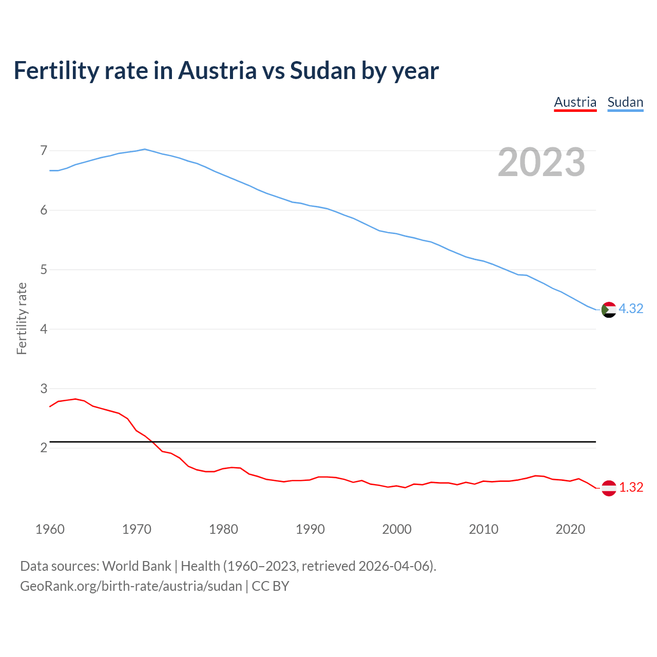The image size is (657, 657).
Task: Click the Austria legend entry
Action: tap(575, 102)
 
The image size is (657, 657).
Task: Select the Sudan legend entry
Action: tap(625, 102)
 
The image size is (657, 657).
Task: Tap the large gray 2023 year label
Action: tap(542, 162)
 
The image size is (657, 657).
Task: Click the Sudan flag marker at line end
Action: tap(609, 310)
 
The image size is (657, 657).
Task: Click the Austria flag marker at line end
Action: tap(609, 488)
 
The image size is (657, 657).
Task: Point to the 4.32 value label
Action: tap(631, 308)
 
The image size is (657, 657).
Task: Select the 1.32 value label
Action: tap(631, 487)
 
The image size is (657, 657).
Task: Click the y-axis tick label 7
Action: tap(44, 150)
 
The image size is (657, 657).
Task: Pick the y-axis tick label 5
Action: tap(44, 269)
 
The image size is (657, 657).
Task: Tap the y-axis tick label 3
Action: tap(44, 389)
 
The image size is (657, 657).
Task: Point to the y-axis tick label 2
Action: tap(44, 448)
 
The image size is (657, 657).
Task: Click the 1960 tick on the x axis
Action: tap(50, 529)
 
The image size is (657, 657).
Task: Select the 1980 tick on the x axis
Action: tap(223, 529)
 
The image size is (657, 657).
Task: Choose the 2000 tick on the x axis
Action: tap(397, 529)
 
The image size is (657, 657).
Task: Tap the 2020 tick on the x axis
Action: tap(570, 529)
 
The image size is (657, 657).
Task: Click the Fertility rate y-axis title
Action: tap(22, 318)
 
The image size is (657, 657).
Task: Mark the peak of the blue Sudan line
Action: tap(145, 149)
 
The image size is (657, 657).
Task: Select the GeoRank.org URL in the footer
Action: tap(131, 586)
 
